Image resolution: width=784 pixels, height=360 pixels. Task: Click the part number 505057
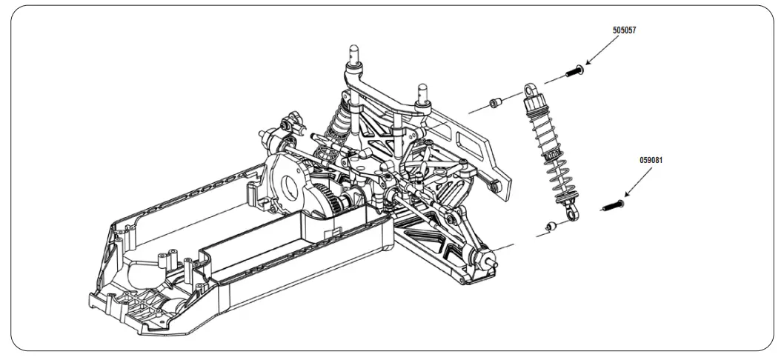point(625,31)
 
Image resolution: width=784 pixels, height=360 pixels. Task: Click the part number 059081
point(652,159)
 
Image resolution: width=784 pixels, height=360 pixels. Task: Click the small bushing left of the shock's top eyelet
point(495,101)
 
